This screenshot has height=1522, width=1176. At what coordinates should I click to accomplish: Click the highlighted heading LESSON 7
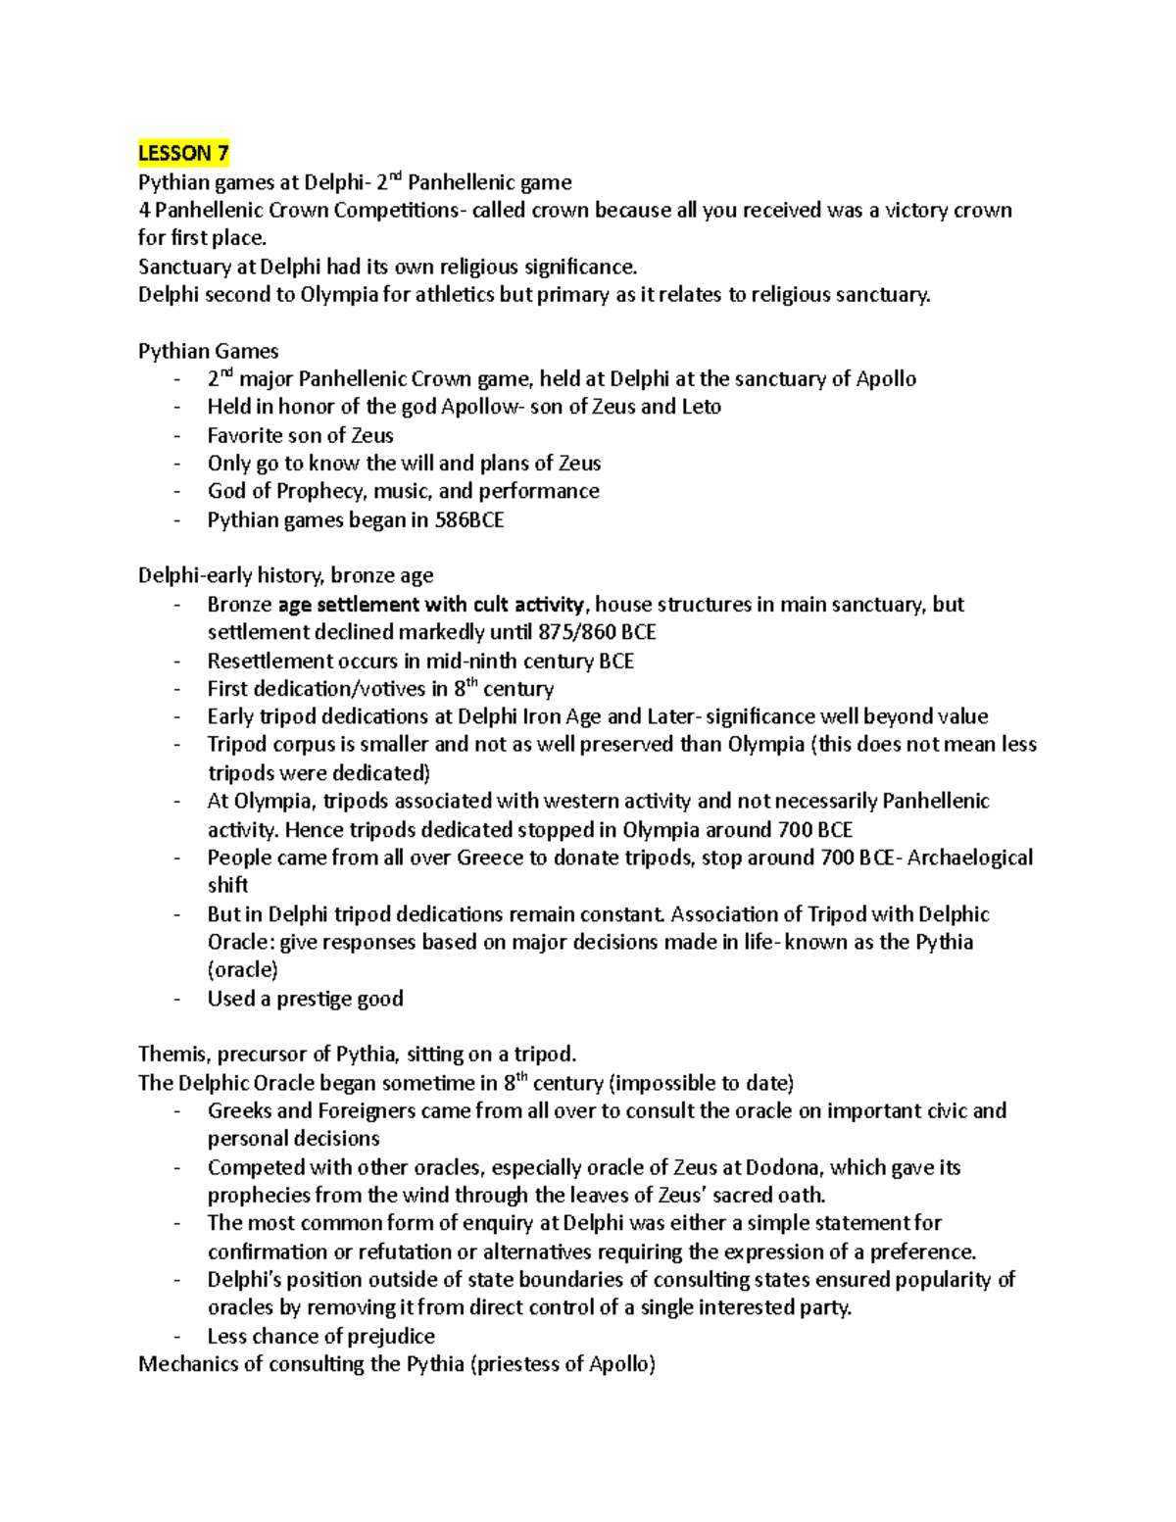pos(183,153)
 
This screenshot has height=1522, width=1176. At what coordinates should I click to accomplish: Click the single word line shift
pos(227,885)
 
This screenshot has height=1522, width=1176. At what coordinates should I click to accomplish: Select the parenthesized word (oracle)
pos(242,970)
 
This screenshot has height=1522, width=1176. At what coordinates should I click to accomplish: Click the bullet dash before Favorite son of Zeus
pos(176,436)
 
